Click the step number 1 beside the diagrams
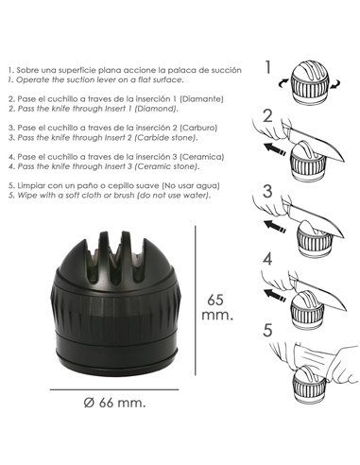tap(268, 67)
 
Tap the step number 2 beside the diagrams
tap(267, 115)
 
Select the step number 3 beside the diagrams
tap(267, 192)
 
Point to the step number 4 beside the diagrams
tap(267, 259)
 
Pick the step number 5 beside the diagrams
tap(267, 331)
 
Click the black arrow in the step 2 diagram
tap(275, 148)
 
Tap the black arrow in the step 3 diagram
tap(275, 226)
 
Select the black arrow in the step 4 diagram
tap(275, 295)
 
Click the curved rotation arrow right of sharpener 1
tap(335, 83)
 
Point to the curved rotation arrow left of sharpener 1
tap(283, 83)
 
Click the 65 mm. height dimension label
tap(217, 307)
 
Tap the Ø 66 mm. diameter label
tap(114, 403)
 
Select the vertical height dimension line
tap(196, 301)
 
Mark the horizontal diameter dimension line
tap(114, 389)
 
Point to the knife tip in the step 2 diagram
tap(343, 161)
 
